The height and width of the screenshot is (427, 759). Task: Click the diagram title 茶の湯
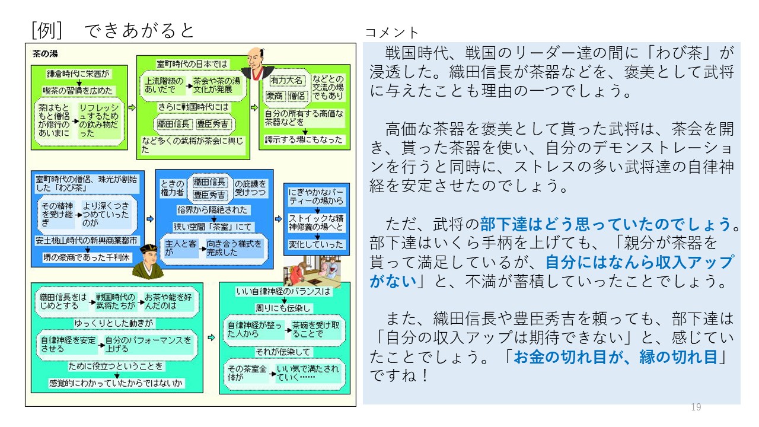(45, 53)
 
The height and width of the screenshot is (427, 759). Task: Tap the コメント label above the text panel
(391, 33)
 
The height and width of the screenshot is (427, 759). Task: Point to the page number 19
(696, 407)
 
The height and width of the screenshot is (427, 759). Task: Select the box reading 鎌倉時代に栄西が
(79, 75)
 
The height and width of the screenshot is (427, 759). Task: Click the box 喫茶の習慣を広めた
(79, 91)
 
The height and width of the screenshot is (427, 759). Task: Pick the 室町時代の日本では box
(192, 63)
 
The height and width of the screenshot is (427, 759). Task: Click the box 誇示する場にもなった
(304, 140)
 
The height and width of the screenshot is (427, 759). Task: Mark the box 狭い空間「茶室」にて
(213, 227)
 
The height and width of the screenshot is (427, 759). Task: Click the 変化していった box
(316, 244)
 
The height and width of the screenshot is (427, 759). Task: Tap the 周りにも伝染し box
(283, 308)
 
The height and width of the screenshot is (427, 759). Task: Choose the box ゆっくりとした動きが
(114, 323)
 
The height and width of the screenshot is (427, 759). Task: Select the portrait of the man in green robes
(147, 261)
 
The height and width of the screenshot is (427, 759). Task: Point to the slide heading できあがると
(139, 30)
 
